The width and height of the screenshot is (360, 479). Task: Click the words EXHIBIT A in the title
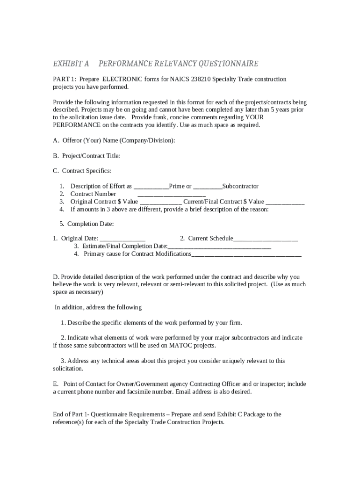(71, 64)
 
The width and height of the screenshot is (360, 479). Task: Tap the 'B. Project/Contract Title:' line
(86, 156)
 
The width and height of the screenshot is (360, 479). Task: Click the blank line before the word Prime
(151, 187)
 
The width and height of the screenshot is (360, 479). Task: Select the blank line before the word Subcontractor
(207, 187)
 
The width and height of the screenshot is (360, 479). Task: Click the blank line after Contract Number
(172, 194)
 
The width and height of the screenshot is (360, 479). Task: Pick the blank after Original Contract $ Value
(160, 202)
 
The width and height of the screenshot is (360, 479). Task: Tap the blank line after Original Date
(122, 239)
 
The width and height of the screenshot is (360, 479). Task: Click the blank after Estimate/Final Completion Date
(219, 247)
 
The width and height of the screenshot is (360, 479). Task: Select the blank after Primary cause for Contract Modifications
(246, 254)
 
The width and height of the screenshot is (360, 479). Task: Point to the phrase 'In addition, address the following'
(98, 307)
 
